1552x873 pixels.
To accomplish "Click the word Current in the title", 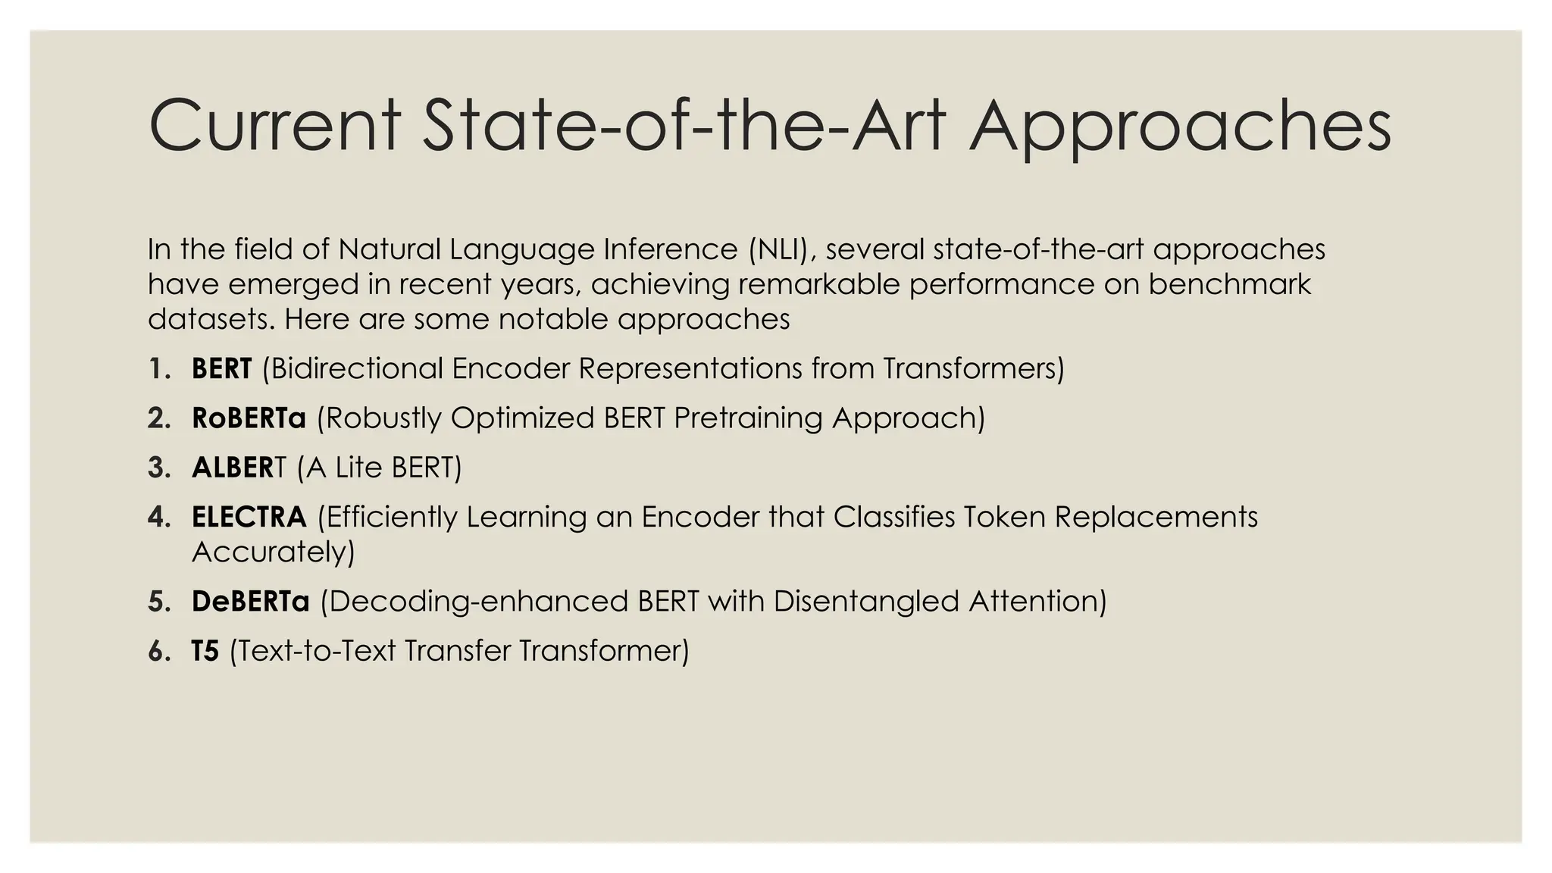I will tap(274, 126).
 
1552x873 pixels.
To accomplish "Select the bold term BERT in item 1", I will tap(221, 368).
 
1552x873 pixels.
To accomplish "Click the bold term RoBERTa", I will tap(249, 418).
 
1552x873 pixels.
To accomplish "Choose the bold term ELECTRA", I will tap(249, 517).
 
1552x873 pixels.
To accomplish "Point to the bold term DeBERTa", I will tap(251, 601).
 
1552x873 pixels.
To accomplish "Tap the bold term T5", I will tap(205, 651).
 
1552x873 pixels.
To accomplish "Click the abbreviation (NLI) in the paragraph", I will tap(781, 249).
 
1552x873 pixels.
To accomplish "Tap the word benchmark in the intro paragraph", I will tap(1229, 284).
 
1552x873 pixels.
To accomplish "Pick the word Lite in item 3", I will tap(358, 468).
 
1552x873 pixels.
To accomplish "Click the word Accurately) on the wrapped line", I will tap(274, 551).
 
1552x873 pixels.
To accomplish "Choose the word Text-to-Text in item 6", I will tap(311, 651).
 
